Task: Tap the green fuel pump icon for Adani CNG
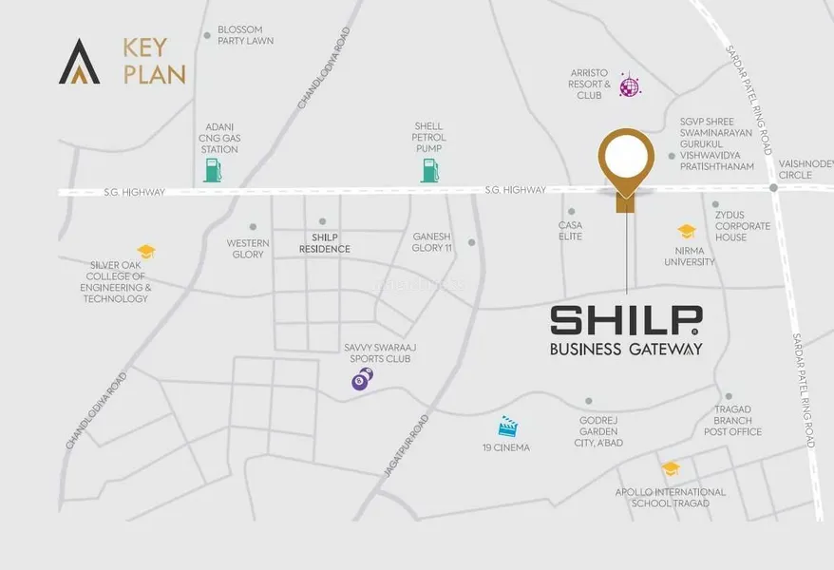[213, 170]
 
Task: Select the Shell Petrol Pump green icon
[430, 170]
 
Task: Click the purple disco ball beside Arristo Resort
[629, 86]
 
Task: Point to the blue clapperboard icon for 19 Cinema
[509, 427]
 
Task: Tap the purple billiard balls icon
[362, 379]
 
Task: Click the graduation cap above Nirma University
[687, 232]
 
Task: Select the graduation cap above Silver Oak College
[145, 252]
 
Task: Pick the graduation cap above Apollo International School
[671, 468]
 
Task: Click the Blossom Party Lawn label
[245, 35]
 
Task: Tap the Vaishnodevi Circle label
[805, 169]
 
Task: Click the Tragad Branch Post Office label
[732, 420]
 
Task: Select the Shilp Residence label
[324, 243]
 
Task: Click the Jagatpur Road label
[411, 445]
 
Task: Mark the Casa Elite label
[570, 231]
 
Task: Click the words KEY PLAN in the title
[153, 60]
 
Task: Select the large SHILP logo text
[626, 319]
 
